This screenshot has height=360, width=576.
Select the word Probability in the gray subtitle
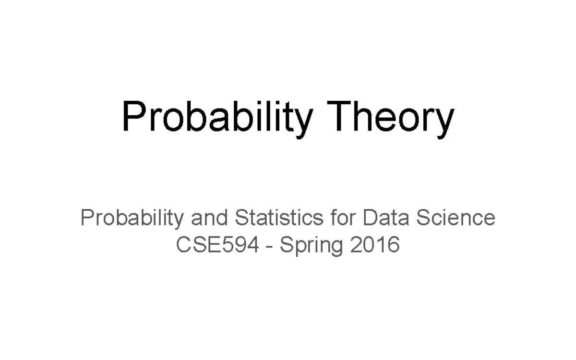click(x=132, y=218)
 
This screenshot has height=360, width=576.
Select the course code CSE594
click(x=217, y=245)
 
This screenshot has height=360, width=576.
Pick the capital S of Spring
click(x=286, y=245)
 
